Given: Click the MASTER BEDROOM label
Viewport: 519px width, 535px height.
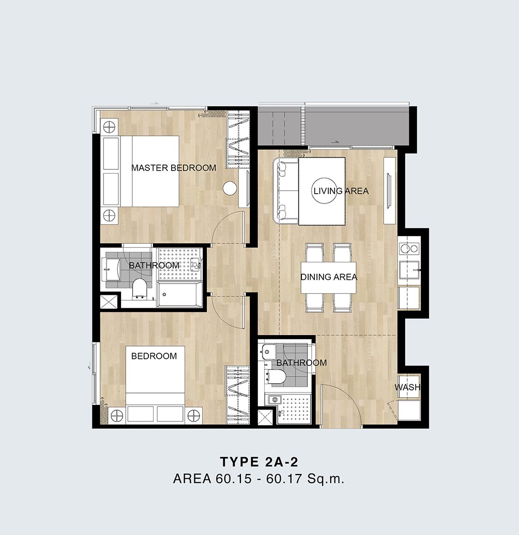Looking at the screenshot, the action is click(x=174, y=168).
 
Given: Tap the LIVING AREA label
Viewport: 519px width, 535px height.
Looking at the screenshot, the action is click(x=341, y=191).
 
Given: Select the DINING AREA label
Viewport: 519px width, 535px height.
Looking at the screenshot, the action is click(x=329, y=277).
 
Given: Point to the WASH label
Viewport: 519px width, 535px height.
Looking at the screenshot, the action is click(x=407, y=387).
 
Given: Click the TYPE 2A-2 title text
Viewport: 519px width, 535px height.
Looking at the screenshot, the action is click(x=259, y=462).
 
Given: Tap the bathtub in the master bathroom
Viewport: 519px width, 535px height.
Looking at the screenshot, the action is click(x=179, y=294).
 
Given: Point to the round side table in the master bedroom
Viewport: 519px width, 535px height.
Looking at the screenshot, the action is click(x=230, y=188).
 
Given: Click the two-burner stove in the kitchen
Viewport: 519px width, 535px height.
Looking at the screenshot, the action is click(x=409, y=248).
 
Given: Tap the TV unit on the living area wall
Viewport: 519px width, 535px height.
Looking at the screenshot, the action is click(x=390, y=191).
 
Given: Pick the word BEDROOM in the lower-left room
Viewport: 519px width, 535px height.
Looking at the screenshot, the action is click(x=154, y=356).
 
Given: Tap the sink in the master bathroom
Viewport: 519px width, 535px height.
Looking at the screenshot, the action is click(x=111, y=269).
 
